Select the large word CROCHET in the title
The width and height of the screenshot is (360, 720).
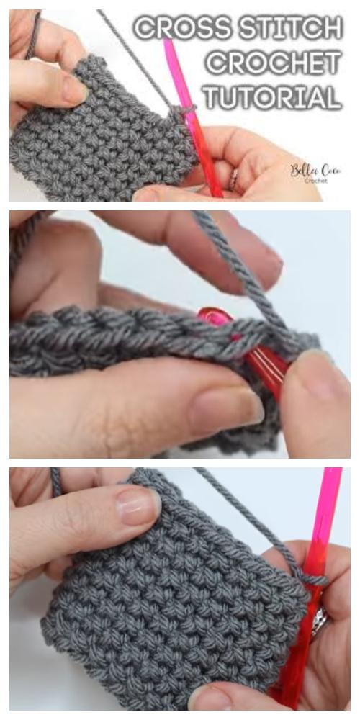coord(274,62)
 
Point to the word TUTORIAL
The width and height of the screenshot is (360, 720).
coord(273,97)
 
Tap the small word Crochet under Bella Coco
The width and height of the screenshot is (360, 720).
coord(315,181)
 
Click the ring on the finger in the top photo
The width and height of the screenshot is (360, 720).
coord(234,179)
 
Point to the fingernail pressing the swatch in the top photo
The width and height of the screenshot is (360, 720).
coord(74,88)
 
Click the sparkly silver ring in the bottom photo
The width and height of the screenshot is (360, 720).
coord(320,621)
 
